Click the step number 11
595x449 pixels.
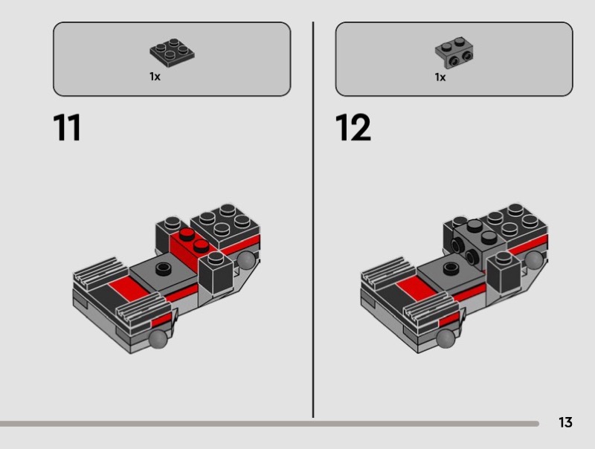pos(67,127)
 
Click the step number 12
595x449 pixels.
pos(353,127)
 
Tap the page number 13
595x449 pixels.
pos(565,422)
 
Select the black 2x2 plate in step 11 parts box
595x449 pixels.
pos(172,52)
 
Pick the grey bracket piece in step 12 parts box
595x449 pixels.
pos(454,53)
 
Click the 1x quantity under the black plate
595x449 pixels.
pos(155,77)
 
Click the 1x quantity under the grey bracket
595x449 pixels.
pos(440,77)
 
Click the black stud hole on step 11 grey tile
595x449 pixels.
pos(164,269)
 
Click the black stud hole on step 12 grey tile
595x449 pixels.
pos(451,268)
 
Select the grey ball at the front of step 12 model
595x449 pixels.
pos(446,339)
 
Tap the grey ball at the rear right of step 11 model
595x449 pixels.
pos(247,259)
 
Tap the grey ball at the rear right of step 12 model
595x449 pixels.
pos(534,260)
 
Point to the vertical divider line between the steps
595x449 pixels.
pos(313,220)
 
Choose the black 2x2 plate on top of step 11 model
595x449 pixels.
pos(225,225)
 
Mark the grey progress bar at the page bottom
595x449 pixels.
pos(269,424)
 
